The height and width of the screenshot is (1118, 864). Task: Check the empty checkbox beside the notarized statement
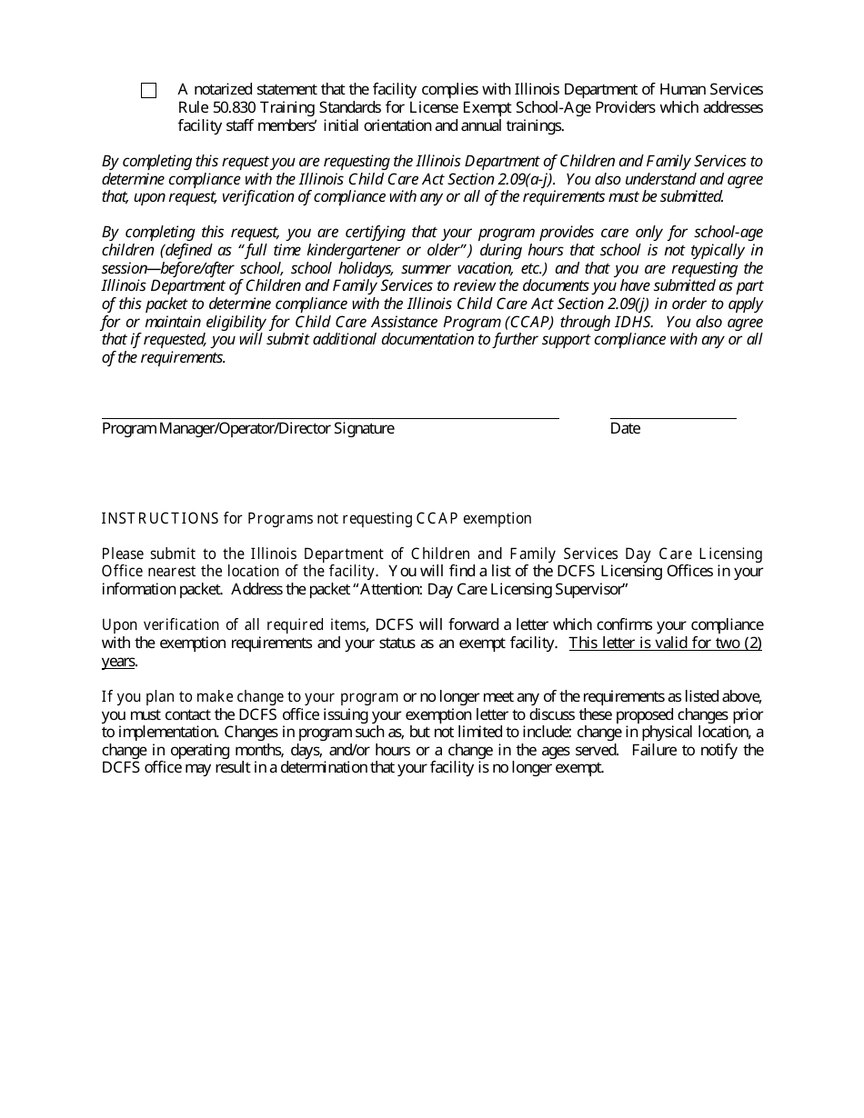click(x=148, y=91)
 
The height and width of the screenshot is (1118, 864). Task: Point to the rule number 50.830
click(x=227, y=107)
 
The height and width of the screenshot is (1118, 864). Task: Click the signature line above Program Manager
click(x=329, y=417)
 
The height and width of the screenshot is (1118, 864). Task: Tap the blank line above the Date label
click(x=672, y=417)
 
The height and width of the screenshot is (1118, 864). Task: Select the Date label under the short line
click(x=625, y=429)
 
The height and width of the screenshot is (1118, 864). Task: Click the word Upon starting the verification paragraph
click(x=118, y=625)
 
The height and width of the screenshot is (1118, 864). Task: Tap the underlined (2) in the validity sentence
click(x=751, y=644)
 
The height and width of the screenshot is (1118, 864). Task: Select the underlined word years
click(x=117, y=661)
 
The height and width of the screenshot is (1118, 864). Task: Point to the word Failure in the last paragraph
click(x=655, y=750)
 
